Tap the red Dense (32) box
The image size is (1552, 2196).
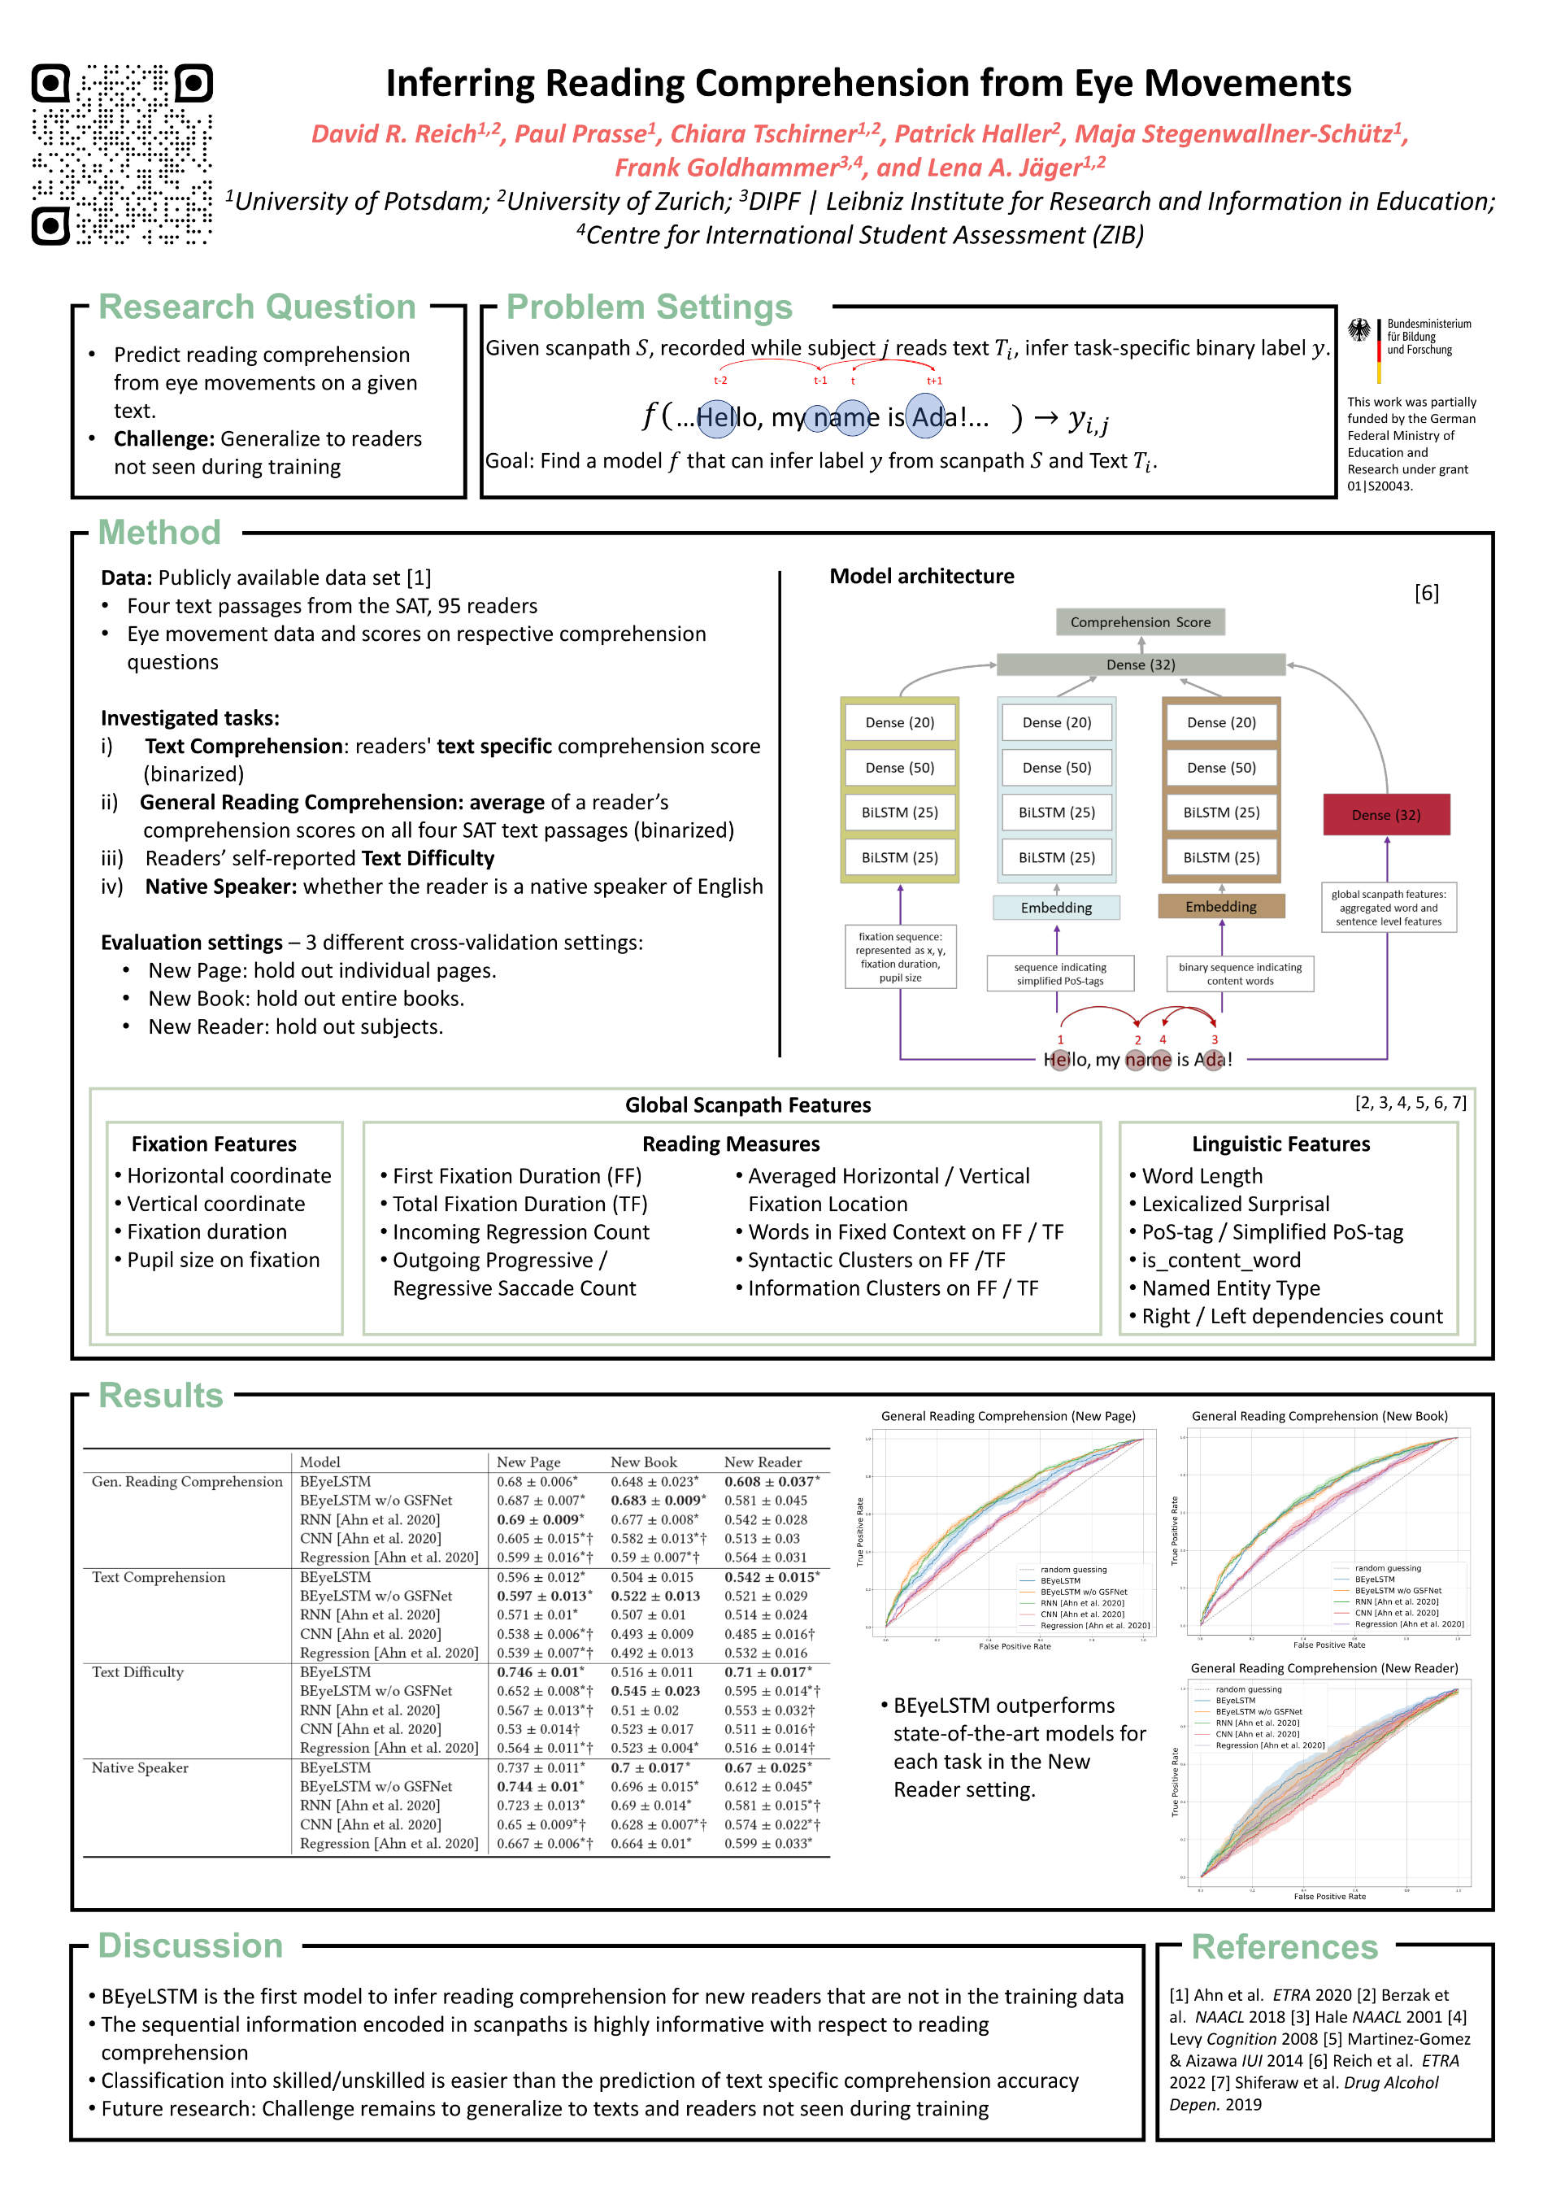pyautogui.click(x=1385, y=814)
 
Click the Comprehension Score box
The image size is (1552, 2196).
pyautogui.click(x=1140, y=621)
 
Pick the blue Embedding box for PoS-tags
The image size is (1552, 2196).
pyautogui.click(x=1056, y=907)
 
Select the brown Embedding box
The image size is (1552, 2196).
pyautogui.click(x=1220, y=906)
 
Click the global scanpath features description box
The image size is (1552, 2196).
pyautogui.click(x=1388, y=908)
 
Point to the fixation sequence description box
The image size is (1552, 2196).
pyautogui.click(x=900, y=956)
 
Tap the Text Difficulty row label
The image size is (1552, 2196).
pyautogui.click(x=137, y=1672)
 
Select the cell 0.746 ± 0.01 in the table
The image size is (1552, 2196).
pyautogui.click(x=538, y=1672)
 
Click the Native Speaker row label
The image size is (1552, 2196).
pyautogui.click(x=140, y=1767)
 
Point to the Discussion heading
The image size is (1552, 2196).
pyautogui.click(x=190, y=1946)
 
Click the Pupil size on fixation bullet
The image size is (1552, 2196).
pyautogui.click(x=223, y=1260)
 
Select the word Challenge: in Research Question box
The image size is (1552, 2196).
pyautogui.click(x=164, y=439)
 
